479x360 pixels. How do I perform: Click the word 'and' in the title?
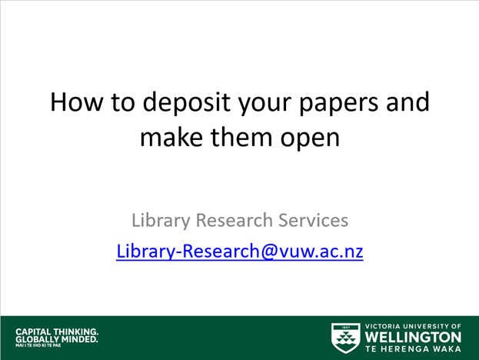(x=404, y=103)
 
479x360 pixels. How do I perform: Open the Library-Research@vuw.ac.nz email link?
(x=239, y=251)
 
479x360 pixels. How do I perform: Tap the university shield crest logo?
(x=344, y=336)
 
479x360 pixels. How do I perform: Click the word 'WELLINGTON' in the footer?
(x=413, y=338)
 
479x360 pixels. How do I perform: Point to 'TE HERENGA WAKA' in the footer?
(x=413, y=349)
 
